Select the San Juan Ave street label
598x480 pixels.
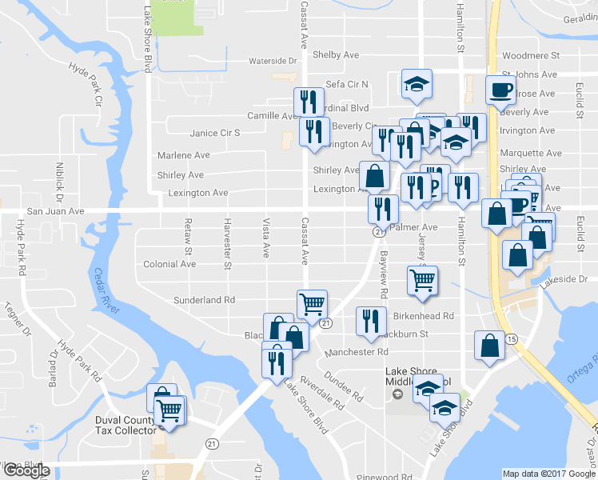point(56,211)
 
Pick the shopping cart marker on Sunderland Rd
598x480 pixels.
point(312,304)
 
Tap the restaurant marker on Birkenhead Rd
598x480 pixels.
point(369,322)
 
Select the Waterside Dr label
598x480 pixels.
point(273,61)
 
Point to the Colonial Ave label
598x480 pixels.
point(169,264)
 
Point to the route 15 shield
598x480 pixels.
point(511,340)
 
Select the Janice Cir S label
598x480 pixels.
point(215,134)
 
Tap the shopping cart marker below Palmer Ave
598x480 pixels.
point(421,281)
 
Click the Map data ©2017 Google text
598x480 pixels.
point(548,474)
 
